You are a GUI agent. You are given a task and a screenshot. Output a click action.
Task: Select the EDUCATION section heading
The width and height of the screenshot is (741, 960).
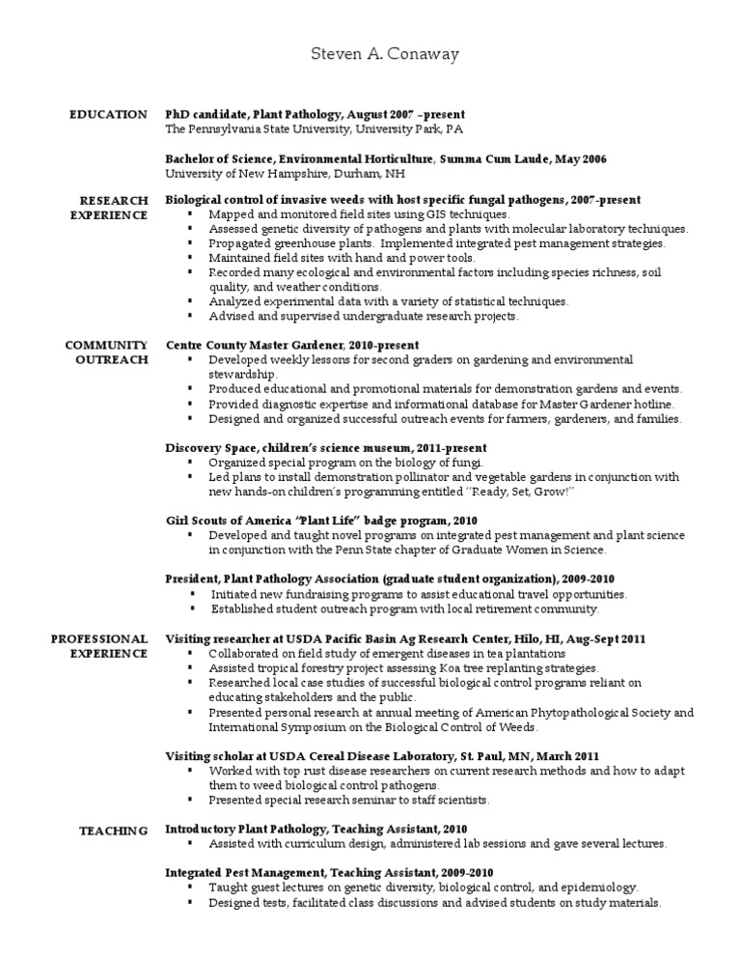point(108,115)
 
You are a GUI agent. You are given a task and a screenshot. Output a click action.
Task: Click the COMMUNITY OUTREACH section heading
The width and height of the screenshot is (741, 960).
point(106,352)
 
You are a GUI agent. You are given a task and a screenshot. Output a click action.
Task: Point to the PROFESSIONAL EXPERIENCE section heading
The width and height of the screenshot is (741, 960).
point(99,646)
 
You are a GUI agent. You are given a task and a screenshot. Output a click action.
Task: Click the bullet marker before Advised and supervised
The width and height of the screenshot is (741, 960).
point(190,316)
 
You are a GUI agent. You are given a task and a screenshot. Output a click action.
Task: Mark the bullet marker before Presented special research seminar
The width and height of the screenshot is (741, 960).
point(190,801)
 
